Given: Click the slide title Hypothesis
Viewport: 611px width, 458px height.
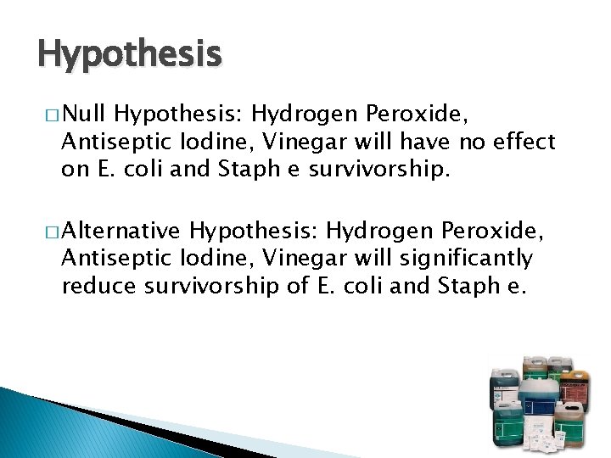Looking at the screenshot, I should pos(130,55).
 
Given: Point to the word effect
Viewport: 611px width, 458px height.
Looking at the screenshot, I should pos(526,142).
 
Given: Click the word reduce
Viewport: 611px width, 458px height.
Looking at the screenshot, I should pos(96,286).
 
